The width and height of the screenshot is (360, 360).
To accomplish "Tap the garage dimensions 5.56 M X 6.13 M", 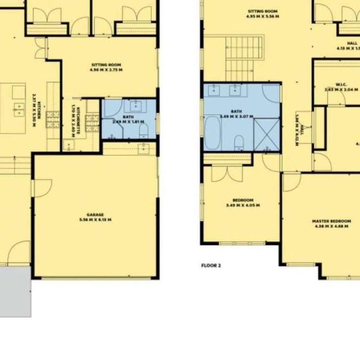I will pos(95,220).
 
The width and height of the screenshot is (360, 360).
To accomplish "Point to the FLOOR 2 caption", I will pos(211,265).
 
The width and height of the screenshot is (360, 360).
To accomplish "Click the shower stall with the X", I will pos(267,133).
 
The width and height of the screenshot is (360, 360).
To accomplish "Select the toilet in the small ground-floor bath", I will pos(143,131).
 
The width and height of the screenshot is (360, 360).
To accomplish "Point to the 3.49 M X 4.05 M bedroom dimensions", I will pos(242,205).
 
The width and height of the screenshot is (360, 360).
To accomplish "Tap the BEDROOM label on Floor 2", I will pos(242,200).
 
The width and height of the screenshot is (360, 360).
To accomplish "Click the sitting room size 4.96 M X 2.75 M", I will pos(106,70).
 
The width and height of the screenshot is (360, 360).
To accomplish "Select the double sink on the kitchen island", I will pos(18,109).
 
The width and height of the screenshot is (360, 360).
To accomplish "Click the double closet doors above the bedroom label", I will pos(227,173).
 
